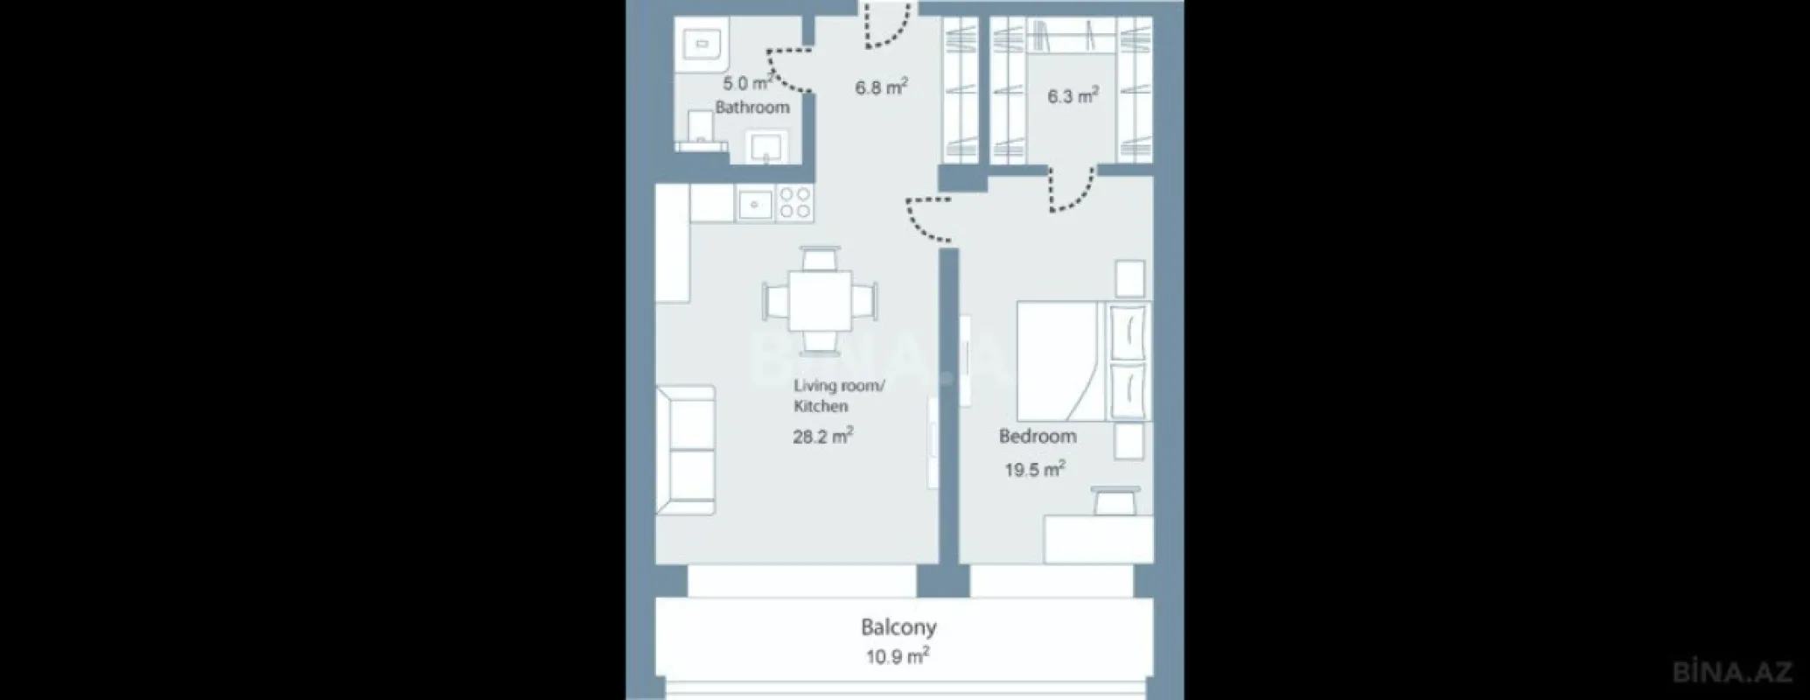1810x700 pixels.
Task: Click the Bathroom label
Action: click(x=752, y=108)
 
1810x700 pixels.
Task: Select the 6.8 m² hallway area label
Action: click(x=880, y=87)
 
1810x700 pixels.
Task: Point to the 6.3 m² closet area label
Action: click(x=1073, y=95)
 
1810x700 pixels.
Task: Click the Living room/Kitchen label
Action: click(x=838, y=395)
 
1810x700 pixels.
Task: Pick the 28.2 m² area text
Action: click(x=822, y=436)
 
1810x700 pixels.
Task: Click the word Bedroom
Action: click(x=1038, y=436)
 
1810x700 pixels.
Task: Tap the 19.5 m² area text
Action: click(x=1034, y=470)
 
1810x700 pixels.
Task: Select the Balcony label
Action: click(x=898, y=627)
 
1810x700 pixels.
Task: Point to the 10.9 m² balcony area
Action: click(x=898, y=656)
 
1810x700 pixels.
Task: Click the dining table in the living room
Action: click(x=820, y=301)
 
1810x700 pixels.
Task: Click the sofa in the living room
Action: click(x=686, y=450)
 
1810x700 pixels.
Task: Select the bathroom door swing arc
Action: click(x=789, y=70)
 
